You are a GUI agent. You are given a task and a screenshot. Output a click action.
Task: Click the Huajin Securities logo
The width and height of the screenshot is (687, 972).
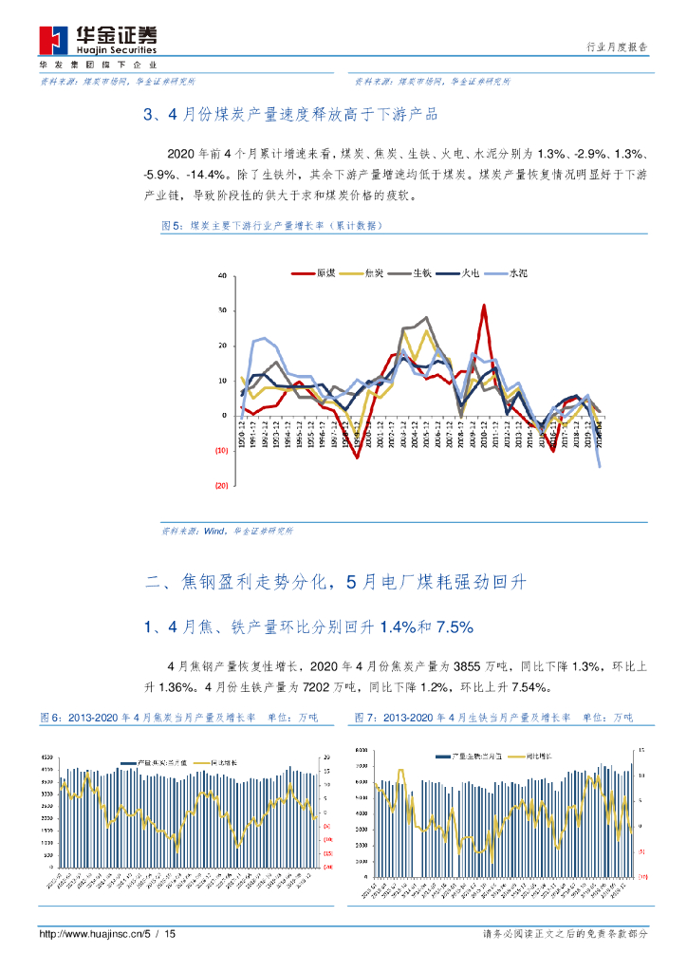click(98, 39)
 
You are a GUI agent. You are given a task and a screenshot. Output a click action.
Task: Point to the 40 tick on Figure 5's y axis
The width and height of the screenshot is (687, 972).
click(222, 275)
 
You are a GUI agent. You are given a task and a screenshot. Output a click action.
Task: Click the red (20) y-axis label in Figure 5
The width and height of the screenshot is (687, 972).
click(222, 485)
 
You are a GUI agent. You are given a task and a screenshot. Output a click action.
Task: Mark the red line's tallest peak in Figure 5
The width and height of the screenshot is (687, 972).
click(484, 306)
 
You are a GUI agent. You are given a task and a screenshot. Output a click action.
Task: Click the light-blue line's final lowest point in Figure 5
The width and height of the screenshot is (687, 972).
click(600, 465)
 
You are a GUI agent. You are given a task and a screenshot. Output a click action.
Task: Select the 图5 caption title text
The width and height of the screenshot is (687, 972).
click(271, 226)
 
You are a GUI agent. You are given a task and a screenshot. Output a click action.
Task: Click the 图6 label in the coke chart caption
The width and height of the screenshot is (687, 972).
click(50, 719)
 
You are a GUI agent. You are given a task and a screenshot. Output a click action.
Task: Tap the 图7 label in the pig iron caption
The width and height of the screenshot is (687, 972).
click(364, 719)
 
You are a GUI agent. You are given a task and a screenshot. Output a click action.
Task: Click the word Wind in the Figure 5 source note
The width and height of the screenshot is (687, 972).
click(215, 532)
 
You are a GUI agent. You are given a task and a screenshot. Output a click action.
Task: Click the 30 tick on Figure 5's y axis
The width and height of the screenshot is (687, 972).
click(222, 310)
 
